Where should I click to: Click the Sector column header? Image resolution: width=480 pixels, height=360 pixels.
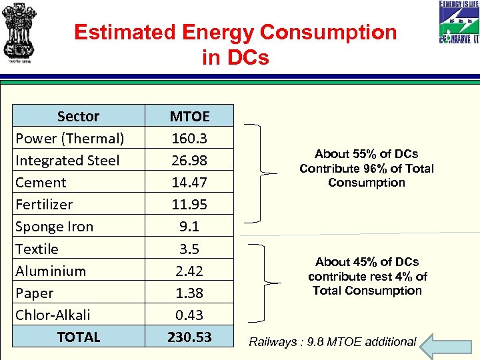[78, 116]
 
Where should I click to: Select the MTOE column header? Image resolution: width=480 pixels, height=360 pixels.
[189, 116]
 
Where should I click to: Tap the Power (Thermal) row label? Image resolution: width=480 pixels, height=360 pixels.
[69, 139]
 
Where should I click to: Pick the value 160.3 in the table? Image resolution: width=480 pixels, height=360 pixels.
[189, 139]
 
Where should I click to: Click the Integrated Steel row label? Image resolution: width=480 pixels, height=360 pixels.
[67, 161]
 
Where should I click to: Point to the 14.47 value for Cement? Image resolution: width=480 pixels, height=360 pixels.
[189, 183]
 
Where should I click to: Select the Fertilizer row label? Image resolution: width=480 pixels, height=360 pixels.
[44, 205]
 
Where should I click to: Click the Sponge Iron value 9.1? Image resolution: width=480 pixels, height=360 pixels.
[189, 227]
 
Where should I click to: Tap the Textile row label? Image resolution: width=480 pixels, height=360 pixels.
[37, 249]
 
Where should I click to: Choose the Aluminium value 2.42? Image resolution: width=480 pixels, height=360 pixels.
[189, 271]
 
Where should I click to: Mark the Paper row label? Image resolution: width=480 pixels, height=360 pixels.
[34, 293]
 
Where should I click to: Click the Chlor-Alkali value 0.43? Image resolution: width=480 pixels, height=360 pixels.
[189, 315]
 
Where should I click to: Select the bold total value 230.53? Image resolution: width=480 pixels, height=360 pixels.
[189, 337]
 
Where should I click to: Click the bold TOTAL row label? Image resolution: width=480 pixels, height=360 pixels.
[78, 337]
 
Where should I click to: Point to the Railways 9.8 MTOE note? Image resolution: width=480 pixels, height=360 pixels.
[332, 342]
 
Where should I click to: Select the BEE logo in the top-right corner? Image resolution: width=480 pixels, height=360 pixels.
[459, 23]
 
